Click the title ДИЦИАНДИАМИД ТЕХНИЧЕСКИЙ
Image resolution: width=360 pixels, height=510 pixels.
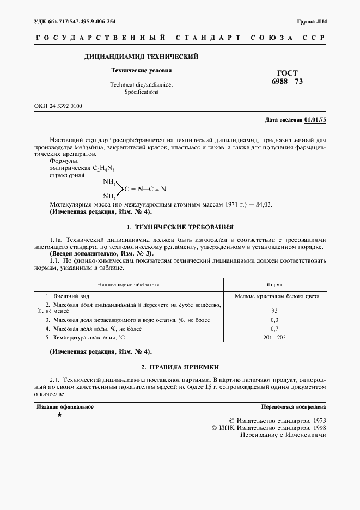141,57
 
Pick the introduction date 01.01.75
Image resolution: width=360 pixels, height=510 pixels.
315,119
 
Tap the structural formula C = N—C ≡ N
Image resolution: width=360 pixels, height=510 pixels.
144,189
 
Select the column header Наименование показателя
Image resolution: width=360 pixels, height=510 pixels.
129,284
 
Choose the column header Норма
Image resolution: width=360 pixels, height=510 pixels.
274,284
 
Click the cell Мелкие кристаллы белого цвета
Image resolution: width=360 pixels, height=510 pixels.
277,296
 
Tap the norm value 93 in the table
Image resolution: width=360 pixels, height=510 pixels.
274,311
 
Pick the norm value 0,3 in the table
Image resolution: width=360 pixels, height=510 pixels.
274,320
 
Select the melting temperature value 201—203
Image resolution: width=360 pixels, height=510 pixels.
274,338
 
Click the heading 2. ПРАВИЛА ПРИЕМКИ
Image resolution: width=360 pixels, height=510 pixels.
180,367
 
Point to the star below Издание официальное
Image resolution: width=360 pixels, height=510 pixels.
59,415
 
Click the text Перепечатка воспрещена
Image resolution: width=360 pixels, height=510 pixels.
294,406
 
